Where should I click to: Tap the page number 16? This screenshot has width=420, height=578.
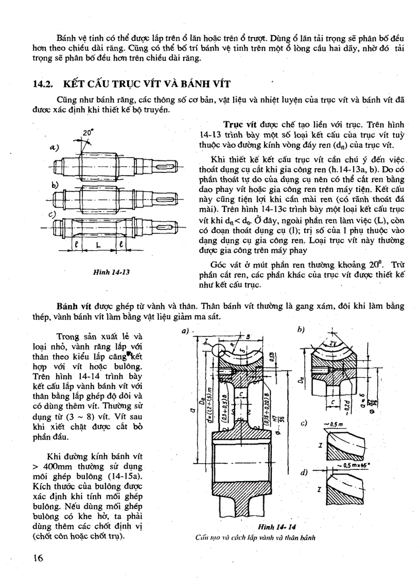[x=38, y=557]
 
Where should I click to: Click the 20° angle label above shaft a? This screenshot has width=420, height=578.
[x=87, y=132]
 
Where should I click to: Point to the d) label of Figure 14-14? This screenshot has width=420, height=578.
[x=304, y=472]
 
